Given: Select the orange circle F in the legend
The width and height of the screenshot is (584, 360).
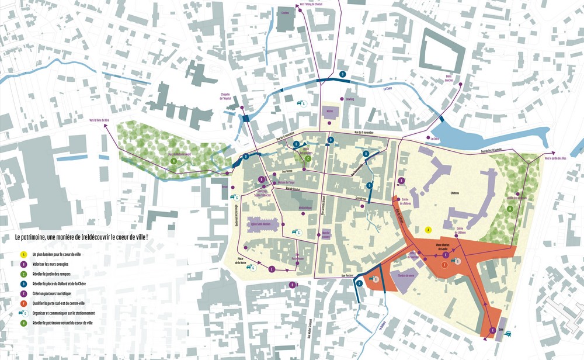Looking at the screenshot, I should click(x=24, y=303).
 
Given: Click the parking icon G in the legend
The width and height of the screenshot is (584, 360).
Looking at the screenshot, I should click(x=24, y=313).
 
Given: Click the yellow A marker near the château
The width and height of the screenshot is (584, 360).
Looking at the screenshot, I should click(x=428, y=230).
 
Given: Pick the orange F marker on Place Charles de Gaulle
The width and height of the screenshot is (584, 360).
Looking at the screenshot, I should click(x=444, y=265).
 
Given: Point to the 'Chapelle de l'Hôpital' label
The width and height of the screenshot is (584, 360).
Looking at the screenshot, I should click(x=224, y=96).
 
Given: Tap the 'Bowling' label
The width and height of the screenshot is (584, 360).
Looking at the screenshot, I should click(x=350, y=99).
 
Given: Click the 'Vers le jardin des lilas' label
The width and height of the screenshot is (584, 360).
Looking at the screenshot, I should click(x=556, y=158).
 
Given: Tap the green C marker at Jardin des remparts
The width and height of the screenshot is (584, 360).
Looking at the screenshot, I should click(x=308, y=158).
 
